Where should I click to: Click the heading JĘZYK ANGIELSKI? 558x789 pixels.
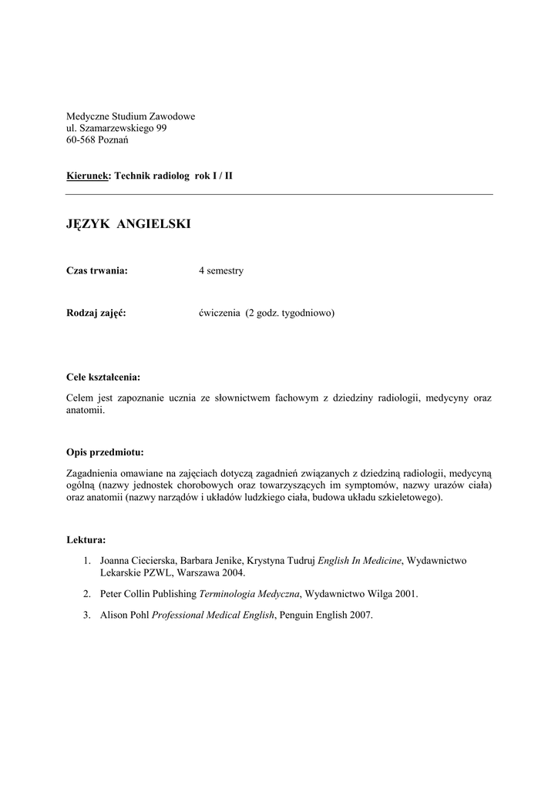(x=128, y=224)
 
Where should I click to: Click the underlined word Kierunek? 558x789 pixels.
(x=89, y=176)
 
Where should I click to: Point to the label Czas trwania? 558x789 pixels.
(x=96, y=270)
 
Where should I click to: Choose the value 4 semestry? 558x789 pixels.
(x=221, y=270)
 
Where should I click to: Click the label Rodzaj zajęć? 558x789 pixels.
(x=96, y=314)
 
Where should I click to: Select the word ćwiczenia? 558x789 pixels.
(x=220, y=314)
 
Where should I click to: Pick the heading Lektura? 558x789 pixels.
(x=86, y=540)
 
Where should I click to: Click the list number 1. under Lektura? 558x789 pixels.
(x=88, y=561)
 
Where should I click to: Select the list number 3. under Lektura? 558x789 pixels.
(x=88, y=615)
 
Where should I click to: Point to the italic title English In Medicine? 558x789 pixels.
(x=360, y=561)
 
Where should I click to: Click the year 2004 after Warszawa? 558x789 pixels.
(x=234, y=573)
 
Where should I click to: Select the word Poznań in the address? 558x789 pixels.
(x=113, y=139)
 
